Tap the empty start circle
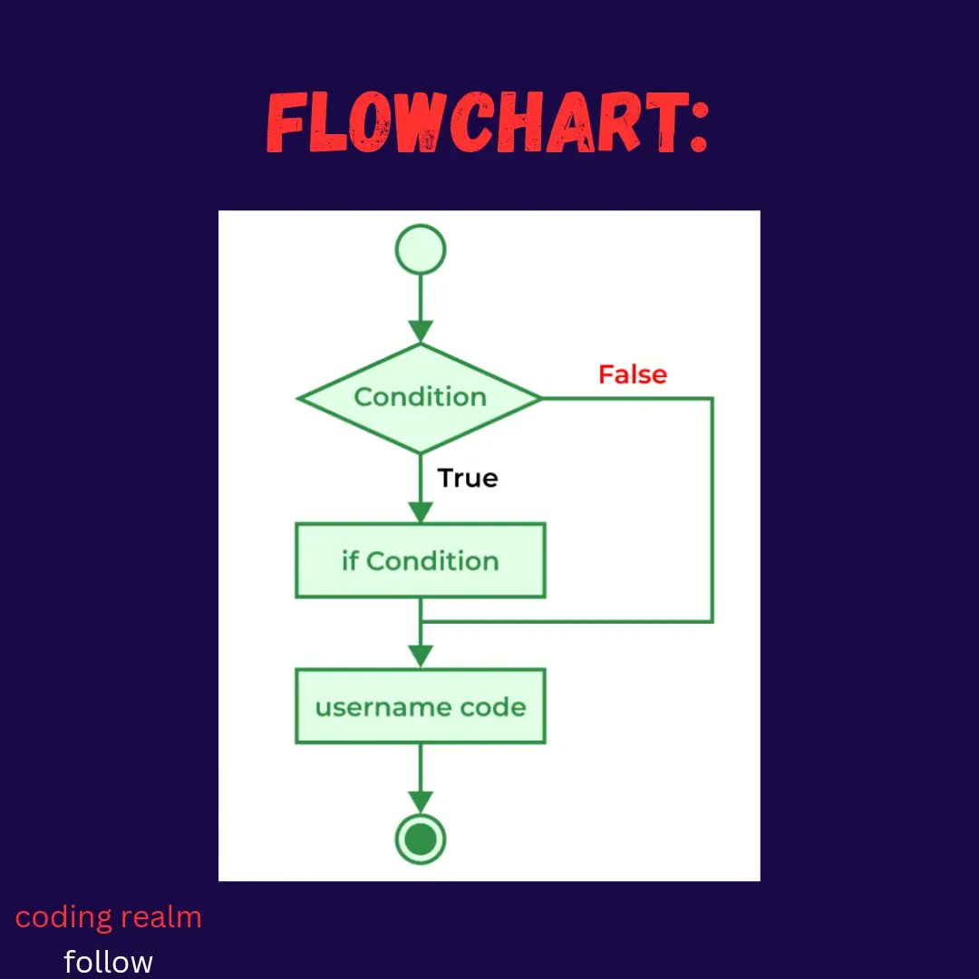coord(421,248)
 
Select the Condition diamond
coord(421,398)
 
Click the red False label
coord(632,374)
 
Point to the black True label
coord(468,478)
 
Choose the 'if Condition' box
coord(421,561)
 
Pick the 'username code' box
coord(421,707)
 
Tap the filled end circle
coord(421,838)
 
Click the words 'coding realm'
coord(109,917)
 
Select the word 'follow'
coord(109,961)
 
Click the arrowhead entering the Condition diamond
coord(421,333)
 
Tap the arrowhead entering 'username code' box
coord(421,657)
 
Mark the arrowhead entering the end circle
coord(421,801)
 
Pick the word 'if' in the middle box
coord(350,561)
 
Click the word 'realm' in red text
coord(163,917)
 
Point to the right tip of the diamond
coord(540,398)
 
